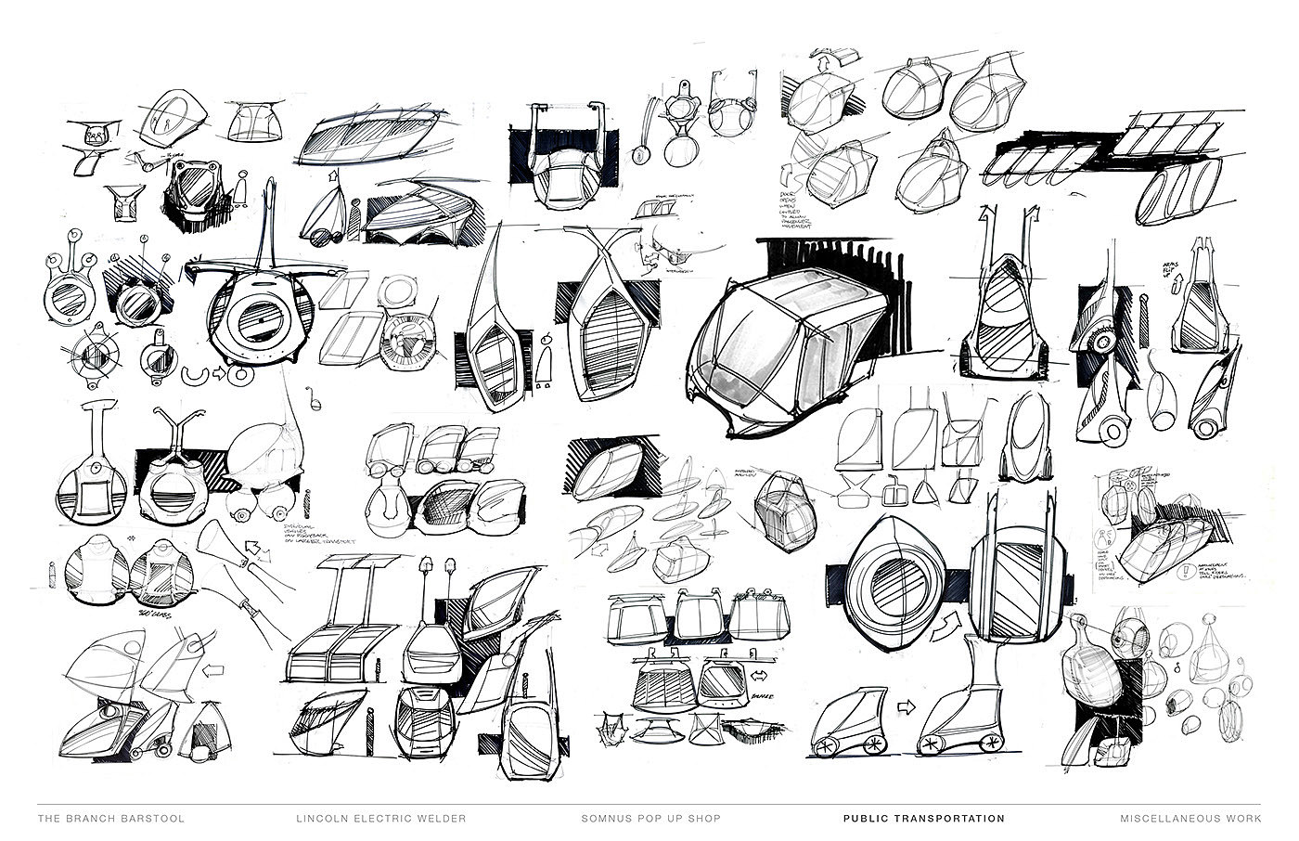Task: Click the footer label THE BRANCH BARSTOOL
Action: tap(111, 819)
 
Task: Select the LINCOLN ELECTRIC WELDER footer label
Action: tap(380, 819)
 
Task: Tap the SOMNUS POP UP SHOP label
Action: tap(650, 819)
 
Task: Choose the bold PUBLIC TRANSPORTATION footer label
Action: tap(923, 819)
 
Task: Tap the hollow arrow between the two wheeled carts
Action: tap(905, 706)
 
